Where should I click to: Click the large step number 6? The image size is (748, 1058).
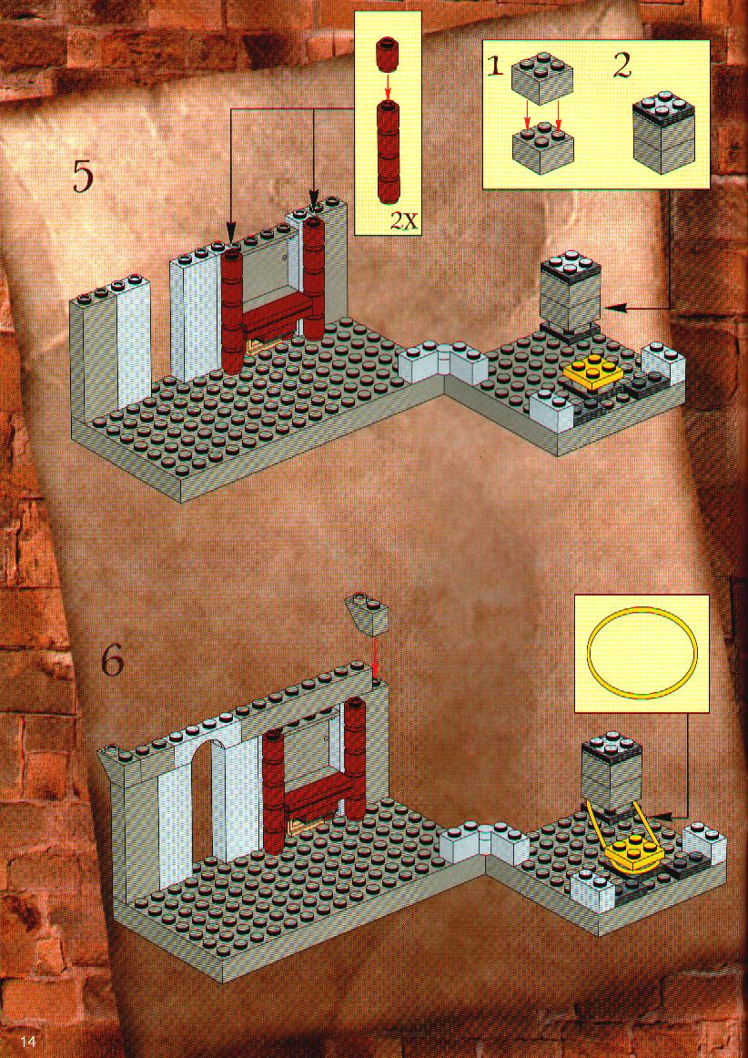pyautogui.click(x=113, y=663)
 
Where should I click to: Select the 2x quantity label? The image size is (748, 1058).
pyautogui.click(x=402, y=220)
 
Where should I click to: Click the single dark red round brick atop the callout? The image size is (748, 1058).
pyautogui.click(x=387, y=56)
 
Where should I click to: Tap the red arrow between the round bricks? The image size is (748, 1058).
pyautogui.click(x=388, y=86)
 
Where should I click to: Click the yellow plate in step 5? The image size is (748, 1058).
pyautogui.click(x=593, y=372)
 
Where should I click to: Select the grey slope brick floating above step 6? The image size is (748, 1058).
pyautogui.click(x=368, y=614)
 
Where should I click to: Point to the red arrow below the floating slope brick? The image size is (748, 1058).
pyautogui.click(x=375, y=656)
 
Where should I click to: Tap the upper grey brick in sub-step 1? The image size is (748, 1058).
pyautogui.click(x=541, y=79)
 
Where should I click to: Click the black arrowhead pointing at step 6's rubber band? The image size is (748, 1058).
pyautogui.click(x=662, y=816)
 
